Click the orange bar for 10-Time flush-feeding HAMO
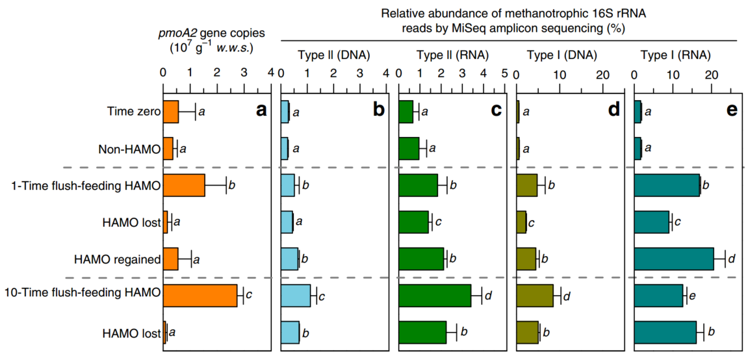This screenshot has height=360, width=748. [200, 296]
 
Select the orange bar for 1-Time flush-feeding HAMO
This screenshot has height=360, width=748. [184, 185]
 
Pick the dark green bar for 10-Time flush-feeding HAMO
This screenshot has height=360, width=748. [435, 296]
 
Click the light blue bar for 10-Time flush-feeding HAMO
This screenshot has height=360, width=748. [296, 296]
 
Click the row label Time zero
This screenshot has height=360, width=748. [134, 112]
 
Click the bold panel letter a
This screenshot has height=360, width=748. [261, 110]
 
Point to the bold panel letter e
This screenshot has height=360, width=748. [732, 110]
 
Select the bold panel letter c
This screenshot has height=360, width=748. [497, 110]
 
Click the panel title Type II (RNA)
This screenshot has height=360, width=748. [452, 55]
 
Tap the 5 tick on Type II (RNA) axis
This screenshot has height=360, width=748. [504, 75]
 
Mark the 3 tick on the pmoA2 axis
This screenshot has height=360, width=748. [244, 75]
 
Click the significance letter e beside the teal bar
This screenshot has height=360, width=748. [693, 296]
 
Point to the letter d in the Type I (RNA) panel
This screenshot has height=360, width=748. [731, 259]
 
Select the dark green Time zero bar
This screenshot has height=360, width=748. [406, 112]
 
